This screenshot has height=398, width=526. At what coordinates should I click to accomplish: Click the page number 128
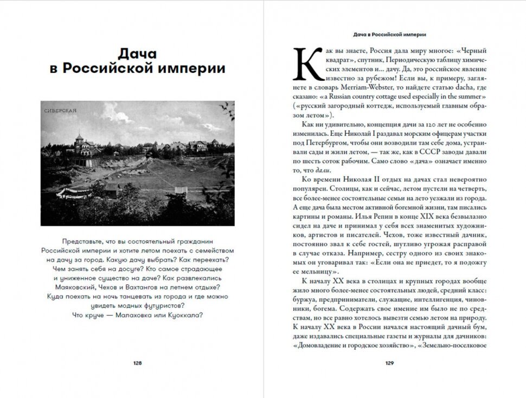point(137,363)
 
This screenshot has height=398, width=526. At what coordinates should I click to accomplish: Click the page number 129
point(389,363)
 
